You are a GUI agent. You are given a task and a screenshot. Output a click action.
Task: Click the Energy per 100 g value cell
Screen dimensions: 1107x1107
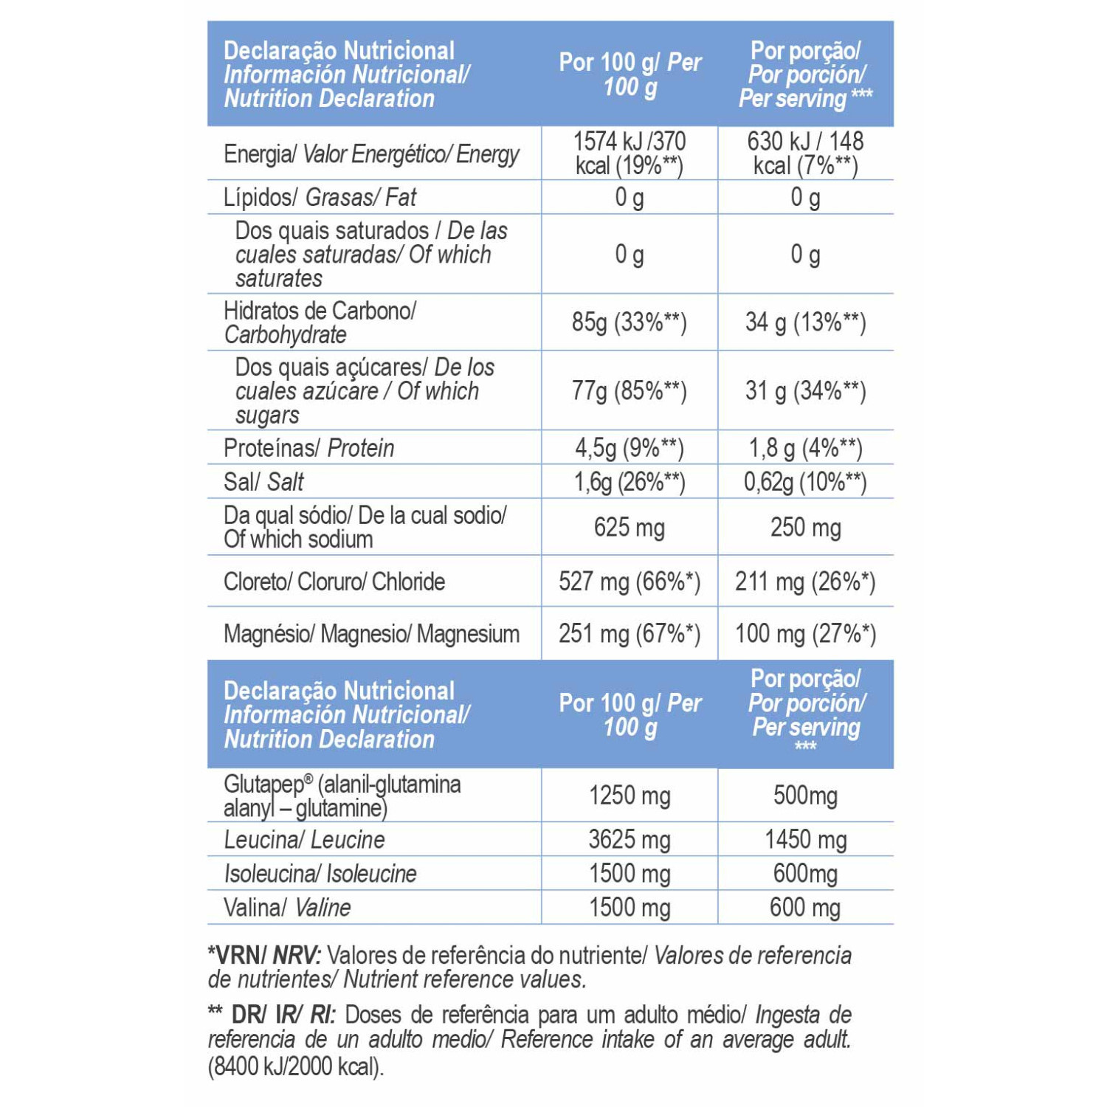(630, 153)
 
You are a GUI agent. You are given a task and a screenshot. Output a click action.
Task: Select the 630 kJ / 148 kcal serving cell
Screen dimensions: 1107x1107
(805, 153)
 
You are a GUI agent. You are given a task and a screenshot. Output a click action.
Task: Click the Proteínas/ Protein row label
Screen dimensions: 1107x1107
(308, 448)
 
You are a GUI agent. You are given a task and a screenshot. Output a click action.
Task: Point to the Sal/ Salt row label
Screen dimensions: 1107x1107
(263, 482)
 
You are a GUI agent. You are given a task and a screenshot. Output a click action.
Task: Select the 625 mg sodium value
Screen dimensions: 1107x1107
(630, 528)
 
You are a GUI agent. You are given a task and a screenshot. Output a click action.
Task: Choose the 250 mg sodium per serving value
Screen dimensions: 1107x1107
(805, 528)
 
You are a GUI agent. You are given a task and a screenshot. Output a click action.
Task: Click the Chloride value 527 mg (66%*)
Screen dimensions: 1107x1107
(630, 582)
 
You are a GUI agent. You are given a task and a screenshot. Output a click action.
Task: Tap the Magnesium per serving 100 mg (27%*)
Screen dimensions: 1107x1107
(805, 634)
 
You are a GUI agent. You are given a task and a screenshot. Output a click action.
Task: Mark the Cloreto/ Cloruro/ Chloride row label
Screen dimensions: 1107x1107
(334, 582)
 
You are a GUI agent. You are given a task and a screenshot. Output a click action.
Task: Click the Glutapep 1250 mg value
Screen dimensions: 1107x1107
(630, 796)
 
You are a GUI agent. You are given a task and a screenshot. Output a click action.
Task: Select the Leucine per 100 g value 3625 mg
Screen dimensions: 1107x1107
(630, 839)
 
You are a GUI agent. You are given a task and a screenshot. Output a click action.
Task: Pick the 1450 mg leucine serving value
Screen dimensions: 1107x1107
(805, 839)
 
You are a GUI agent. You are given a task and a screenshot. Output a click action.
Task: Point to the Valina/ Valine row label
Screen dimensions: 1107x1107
(287, 907)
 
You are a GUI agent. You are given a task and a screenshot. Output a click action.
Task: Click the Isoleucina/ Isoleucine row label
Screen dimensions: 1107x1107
(320, 874)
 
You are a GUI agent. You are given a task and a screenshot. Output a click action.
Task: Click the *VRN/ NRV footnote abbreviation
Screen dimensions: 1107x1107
(264, 955)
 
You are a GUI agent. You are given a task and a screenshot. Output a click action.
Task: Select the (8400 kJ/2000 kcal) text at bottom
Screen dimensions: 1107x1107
(296, 1066)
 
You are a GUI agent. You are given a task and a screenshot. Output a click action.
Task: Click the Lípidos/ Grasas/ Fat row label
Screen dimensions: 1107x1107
(320, 197)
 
